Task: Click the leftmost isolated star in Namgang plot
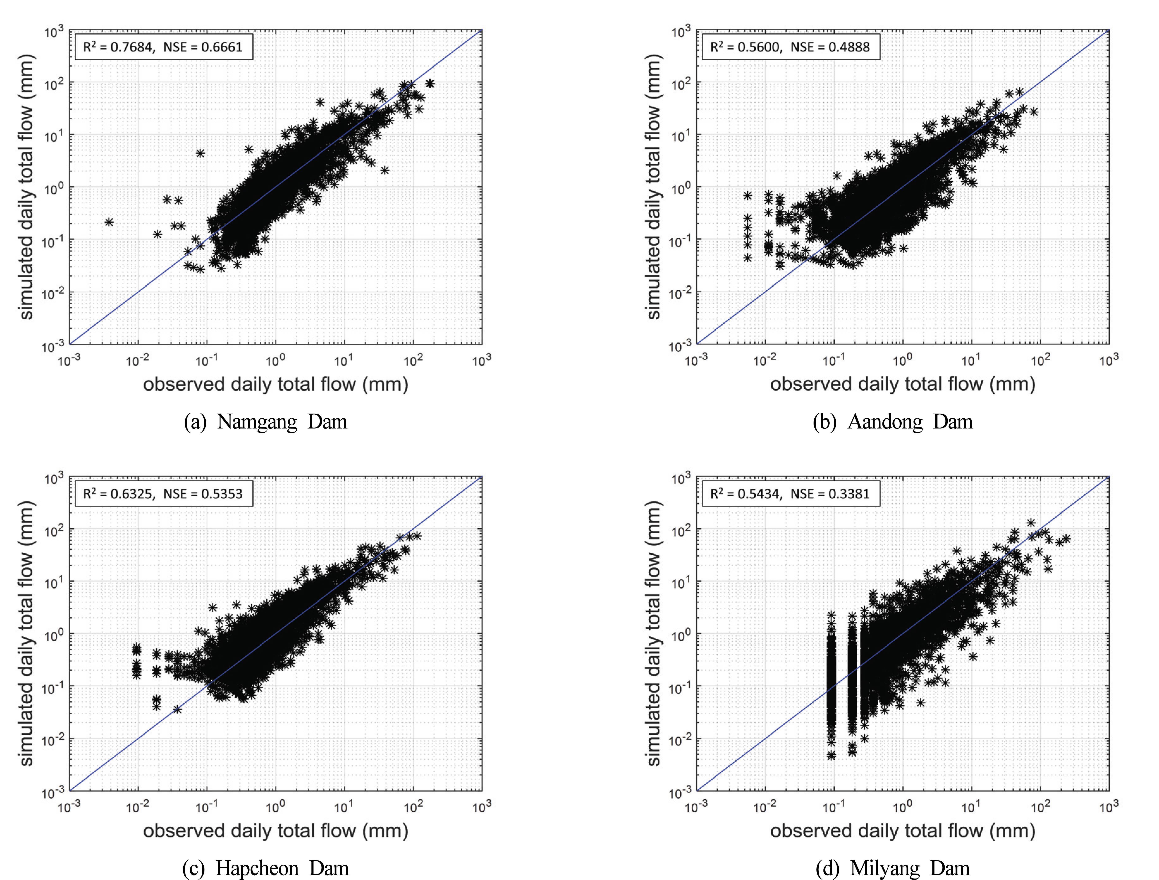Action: (x=109, y=222)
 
